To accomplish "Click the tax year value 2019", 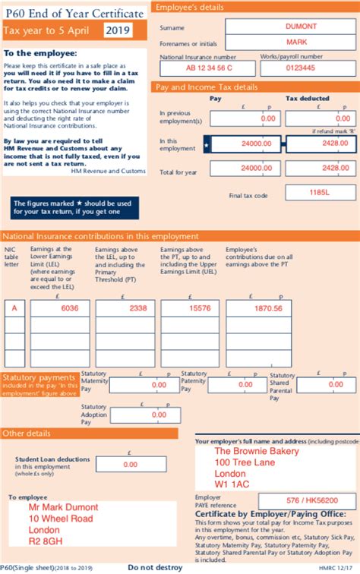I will click(118, 30).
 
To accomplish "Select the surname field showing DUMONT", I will click(302, 26).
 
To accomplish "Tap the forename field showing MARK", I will click(302, 42).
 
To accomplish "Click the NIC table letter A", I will click(13, 308).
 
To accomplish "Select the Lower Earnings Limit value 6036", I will click(70, 308).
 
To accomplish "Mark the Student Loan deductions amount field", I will click(130, 464).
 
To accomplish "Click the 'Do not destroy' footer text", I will click(154, 567).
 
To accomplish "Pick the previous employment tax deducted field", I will click(321, 119).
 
